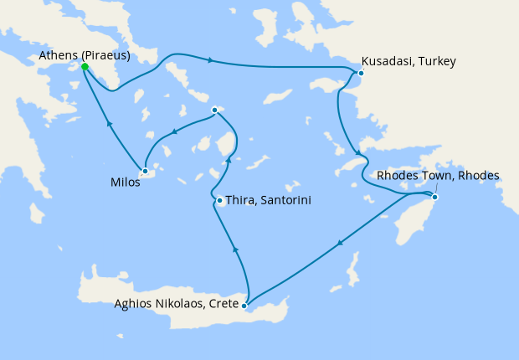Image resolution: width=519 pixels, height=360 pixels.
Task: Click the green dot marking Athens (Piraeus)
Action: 85,67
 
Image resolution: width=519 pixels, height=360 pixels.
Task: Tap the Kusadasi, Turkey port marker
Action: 361,73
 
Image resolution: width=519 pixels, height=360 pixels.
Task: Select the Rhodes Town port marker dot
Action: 434,197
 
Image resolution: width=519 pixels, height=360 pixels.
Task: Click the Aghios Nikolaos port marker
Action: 244,306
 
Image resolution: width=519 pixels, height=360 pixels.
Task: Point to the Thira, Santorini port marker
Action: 219,201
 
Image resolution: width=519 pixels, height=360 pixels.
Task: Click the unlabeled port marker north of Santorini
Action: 214,110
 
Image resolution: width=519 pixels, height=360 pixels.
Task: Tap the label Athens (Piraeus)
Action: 84,56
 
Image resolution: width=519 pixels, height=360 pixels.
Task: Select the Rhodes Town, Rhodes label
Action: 438,176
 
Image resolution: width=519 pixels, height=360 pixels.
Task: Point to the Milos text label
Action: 125,181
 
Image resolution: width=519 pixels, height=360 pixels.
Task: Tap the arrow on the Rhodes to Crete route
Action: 339,244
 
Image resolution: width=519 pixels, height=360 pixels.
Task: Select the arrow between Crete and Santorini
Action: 235,249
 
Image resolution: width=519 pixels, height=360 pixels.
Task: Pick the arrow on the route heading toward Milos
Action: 174,131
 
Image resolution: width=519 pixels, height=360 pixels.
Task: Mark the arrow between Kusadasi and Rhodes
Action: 358,152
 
